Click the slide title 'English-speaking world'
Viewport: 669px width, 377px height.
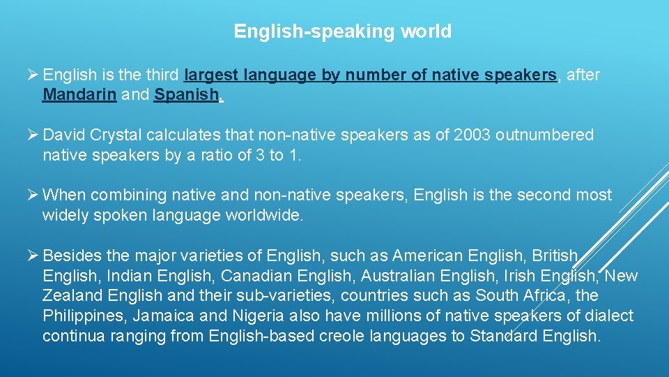(342, 31)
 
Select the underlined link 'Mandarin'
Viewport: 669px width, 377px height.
(79, 95)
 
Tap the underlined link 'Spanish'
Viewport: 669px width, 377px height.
(186, 95)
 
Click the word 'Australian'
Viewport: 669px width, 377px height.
(336, 276)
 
